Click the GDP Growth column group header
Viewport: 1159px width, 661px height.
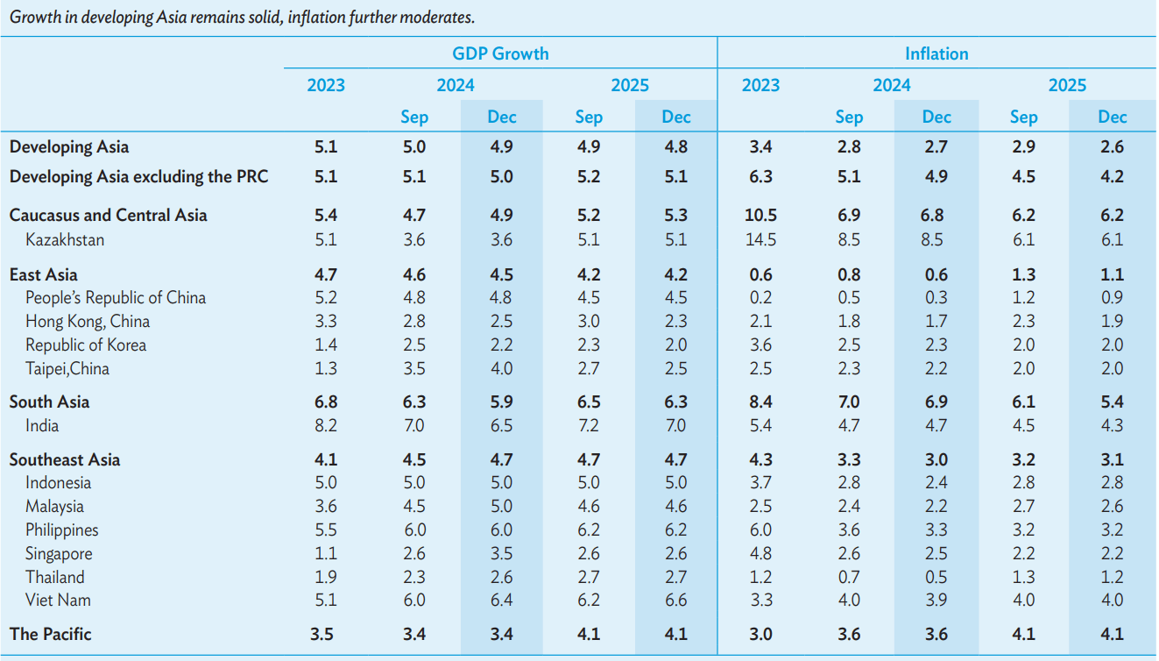point(500,53)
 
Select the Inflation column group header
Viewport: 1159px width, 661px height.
point(936,53)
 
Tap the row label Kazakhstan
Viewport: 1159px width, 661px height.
point(65,239)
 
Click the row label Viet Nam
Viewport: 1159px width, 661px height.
point(58,600)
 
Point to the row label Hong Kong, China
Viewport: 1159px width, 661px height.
point(88,322)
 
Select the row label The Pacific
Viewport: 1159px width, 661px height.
point(50,634)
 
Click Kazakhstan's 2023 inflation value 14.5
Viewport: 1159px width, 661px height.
point(760,239)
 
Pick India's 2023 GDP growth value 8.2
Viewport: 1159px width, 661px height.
point(326,425)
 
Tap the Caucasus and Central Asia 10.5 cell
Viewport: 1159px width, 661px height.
point(760,215)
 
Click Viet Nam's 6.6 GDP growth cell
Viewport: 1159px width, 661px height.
point(675,600)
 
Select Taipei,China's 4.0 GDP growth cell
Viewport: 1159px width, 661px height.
point(501,368)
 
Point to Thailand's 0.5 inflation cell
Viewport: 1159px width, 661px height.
point(936,577)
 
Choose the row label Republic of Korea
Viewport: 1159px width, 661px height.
point(86,345)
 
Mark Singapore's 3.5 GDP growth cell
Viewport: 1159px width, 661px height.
point(501,553)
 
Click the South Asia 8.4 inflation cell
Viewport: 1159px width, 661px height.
point(760,402)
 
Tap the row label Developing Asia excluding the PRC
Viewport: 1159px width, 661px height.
point(138,176)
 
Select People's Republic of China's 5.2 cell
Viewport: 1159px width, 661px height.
point(326,298)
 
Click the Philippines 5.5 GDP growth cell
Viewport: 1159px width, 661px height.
point(326,530)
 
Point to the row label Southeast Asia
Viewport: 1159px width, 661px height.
point(65,459)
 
